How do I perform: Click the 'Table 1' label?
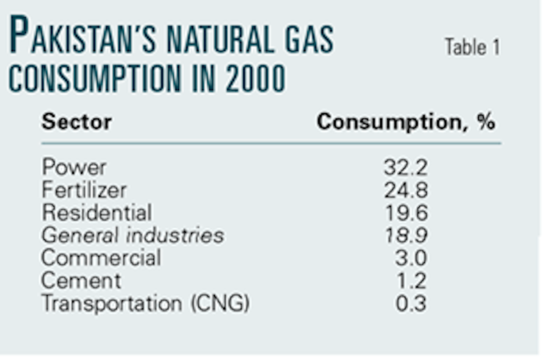[472, 47]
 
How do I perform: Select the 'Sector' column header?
[76, 122]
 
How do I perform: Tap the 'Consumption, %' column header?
[406, 122]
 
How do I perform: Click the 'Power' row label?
[74, 167]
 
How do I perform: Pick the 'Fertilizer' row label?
[84, 190]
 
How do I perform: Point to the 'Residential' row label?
[97, 212]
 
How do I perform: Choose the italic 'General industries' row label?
[132, 235]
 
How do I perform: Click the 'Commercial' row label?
[101, 258]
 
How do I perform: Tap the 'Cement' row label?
[81, 281]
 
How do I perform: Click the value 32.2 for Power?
[406, 167]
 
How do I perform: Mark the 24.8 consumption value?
[406, 190]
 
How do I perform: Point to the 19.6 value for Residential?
[406, 212]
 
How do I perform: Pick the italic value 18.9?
[406, 235]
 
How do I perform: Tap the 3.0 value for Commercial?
[411, 258]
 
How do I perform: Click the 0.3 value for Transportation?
[411, 303]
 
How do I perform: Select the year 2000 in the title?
[255, 78]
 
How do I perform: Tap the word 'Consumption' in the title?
[95, 78]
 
